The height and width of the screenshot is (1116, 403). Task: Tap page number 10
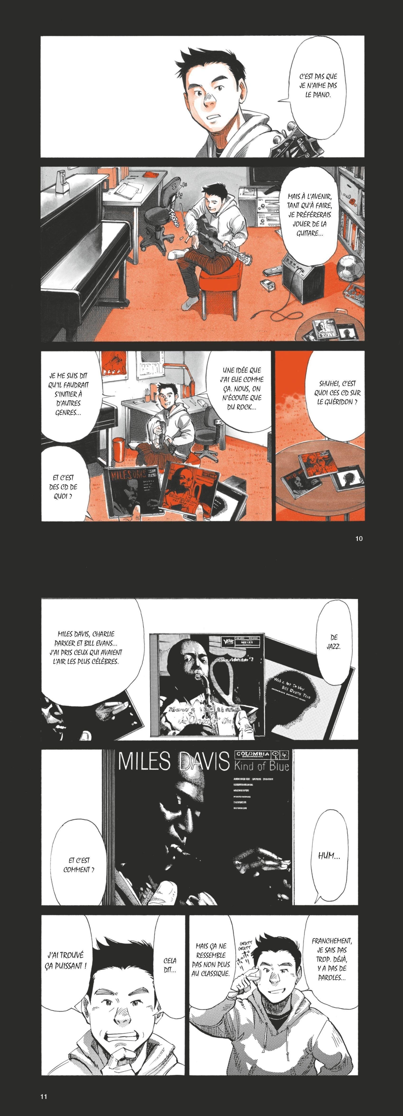click(358, 539)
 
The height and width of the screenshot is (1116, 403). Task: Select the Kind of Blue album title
click(261, 767)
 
